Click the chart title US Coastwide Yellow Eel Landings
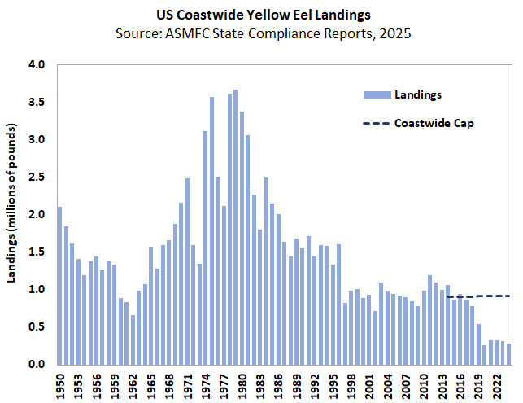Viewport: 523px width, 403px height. click(261, 15)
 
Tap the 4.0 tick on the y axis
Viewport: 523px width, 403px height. click(37, 65)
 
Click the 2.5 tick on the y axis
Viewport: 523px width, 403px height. click(37, 177)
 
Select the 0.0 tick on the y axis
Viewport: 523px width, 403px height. click(37, 365)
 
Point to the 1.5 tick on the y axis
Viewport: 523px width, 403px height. click(37, 252)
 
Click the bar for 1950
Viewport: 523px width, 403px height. click(59, 285)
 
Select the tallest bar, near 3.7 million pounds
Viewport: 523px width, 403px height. click(235, 227)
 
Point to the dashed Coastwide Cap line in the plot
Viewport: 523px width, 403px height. click(480, 296)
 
